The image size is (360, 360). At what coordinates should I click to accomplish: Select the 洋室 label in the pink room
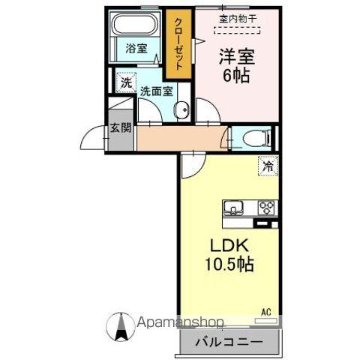pos(233,55)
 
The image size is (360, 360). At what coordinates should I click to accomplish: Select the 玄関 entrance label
pos(120,127)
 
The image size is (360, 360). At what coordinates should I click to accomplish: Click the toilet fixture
pos(248,137)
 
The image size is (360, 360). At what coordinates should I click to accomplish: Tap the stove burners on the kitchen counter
pos(266,208)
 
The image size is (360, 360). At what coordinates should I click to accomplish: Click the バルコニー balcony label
pos(229,341)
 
